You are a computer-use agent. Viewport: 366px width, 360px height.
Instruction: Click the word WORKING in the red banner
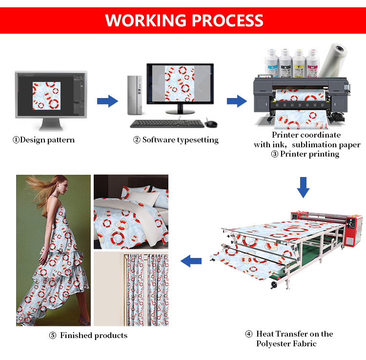tap(145, 20)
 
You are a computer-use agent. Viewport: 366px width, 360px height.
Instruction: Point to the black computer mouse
tap(210, 123)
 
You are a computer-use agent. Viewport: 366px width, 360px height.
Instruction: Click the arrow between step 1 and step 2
tap(107, 101)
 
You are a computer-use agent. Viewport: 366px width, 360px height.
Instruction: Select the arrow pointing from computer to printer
tap(237, 101)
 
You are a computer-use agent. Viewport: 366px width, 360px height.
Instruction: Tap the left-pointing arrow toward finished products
tap(191, 261)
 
